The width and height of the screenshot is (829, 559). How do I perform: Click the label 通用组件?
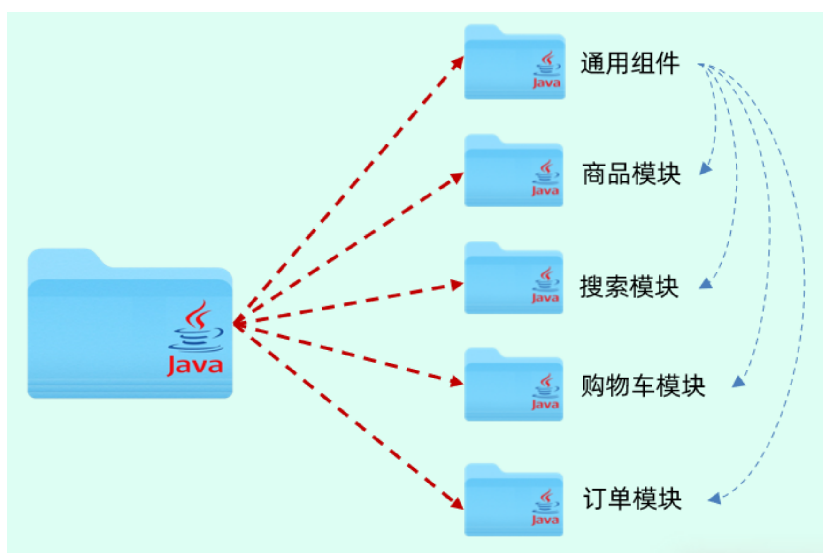(629, 63)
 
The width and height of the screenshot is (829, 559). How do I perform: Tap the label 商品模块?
(631, 174)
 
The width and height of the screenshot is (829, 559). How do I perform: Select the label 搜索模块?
(629, 287)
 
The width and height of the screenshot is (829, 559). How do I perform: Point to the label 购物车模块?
(643, 386)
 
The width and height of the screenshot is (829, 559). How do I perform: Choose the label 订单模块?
(632, 499)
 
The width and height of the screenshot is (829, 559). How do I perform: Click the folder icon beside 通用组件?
(514, 63)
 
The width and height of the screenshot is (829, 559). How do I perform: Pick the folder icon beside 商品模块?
(514, 172)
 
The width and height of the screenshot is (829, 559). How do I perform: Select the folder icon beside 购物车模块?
(514, 386)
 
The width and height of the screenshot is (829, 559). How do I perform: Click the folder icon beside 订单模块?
(514, 501)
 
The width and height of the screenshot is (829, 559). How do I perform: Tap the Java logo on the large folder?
(196, 338)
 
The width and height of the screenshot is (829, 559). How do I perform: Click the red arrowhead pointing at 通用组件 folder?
(458, 62)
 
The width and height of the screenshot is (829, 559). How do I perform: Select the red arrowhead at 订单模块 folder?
(457, 503)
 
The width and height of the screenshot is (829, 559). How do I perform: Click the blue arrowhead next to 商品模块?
(706, 168)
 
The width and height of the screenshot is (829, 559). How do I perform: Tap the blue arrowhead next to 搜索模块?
(706, 283)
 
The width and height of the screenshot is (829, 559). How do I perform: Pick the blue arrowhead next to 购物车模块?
(739, 382)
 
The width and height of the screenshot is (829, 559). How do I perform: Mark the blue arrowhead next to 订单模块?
(715, 498)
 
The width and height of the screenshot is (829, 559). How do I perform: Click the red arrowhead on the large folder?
(239, 323)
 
